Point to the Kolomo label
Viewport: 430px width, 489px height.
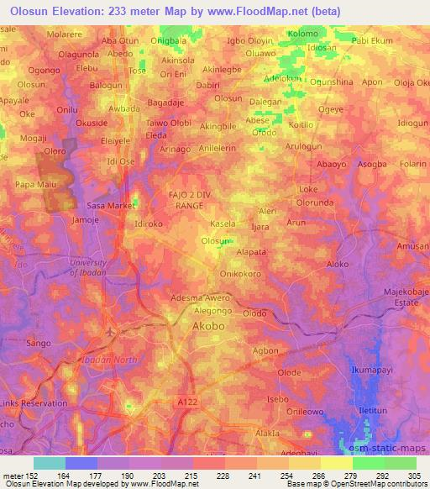[x=303, y=33]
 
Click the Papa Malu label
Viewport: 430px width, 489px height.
[x=36, y=183]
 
